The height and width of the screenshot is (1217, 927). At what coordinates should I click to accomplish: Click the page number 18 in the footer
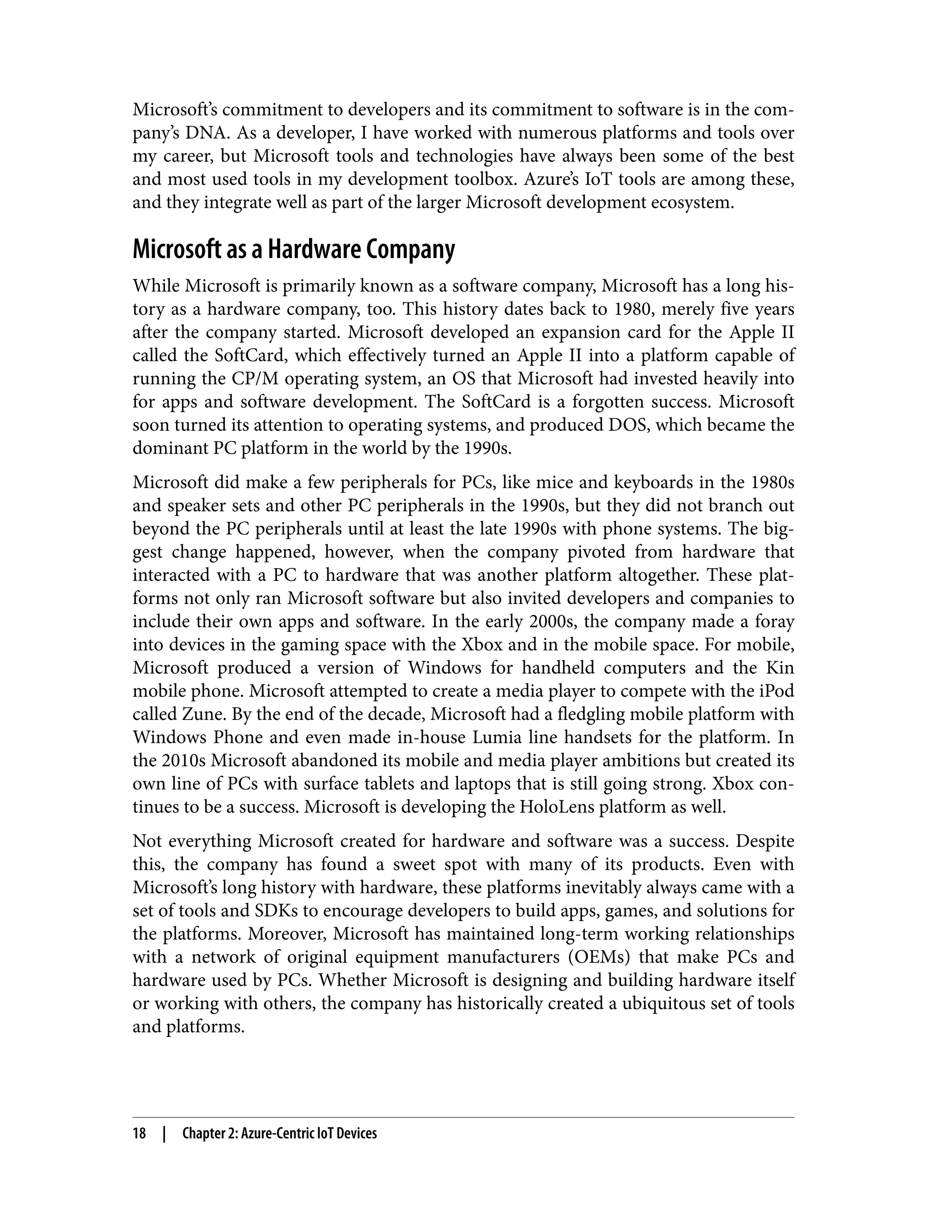pyautogui.click(x=139, y=1134)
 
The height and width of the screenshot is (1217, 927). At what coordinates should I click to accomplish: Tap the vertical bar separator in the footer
pyautogui.click(x=164, y=1134)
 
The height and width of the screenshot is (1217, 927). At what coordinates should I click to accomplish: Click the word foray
pyautogui.click(x=775, y=622)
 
